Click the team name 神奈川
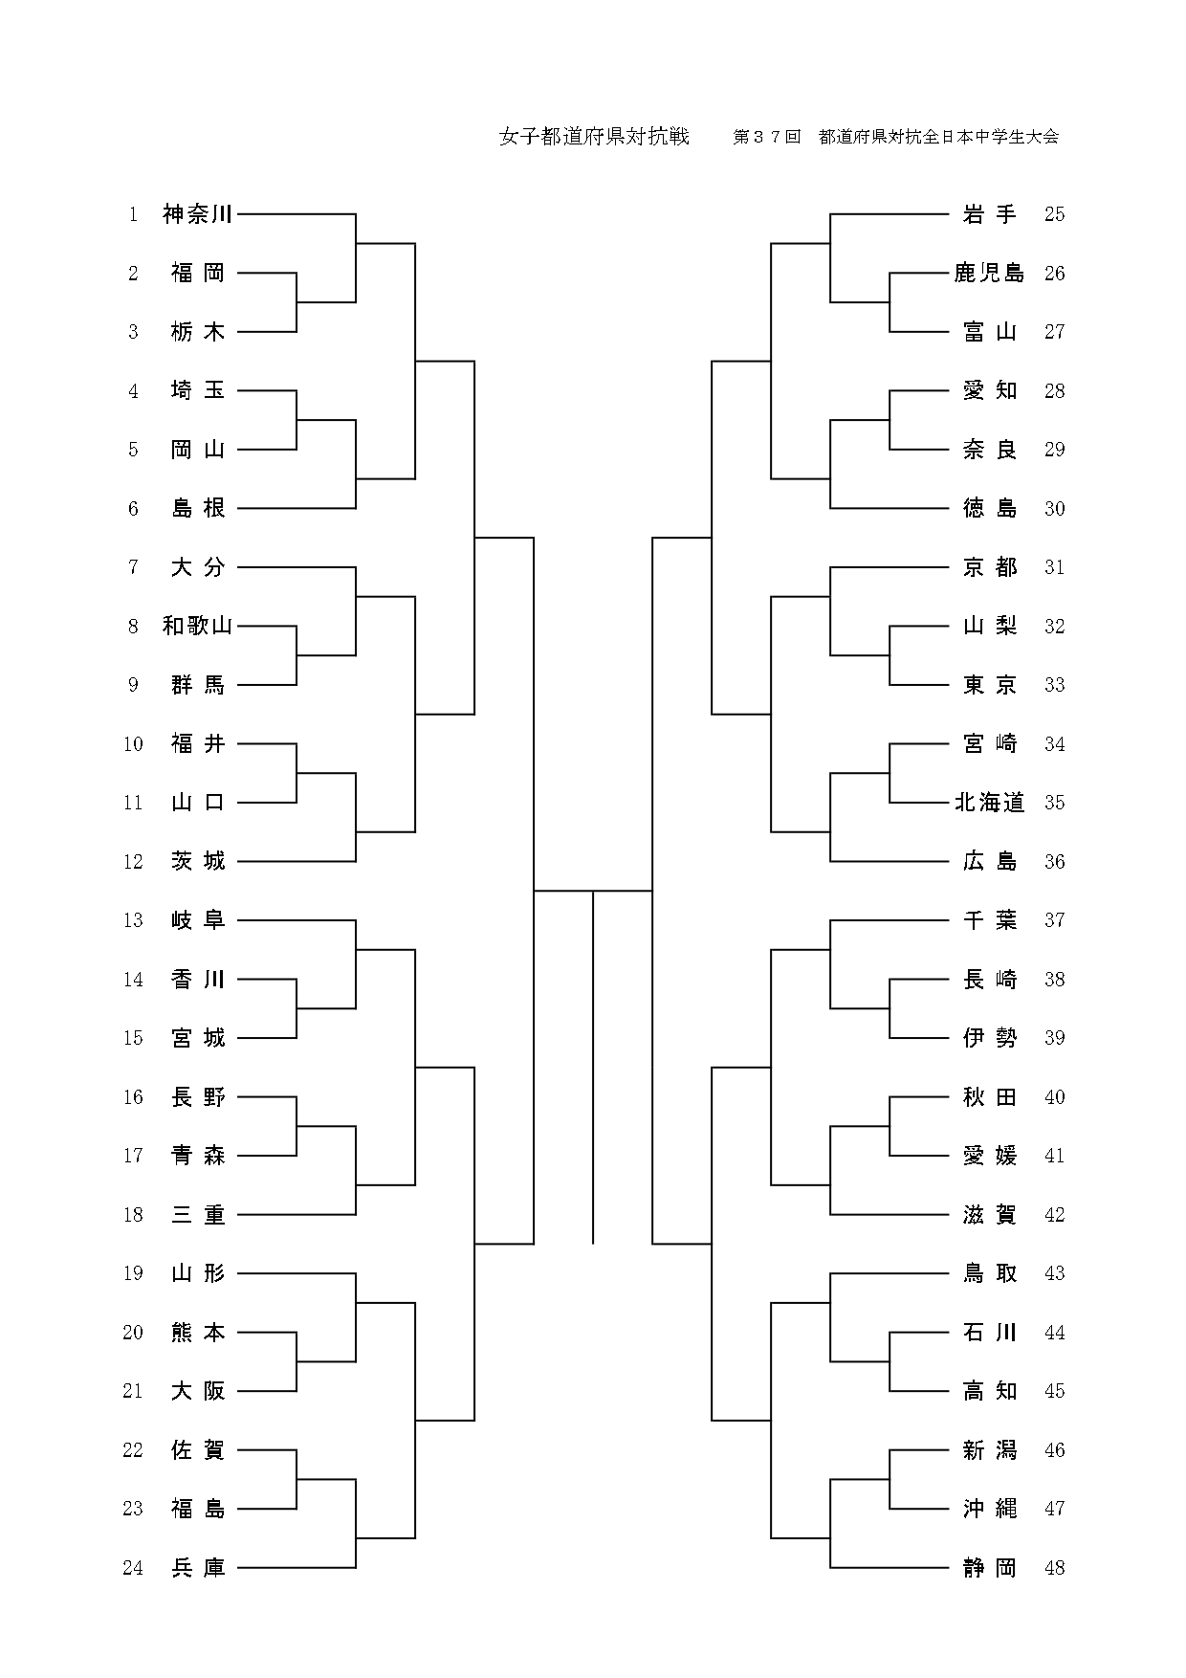click(x=198, y=214)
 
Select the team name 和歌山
click(x=198, y=627)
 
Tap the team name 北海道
click(x=989, y=803)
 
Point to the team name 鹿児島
click(x=989, y=274)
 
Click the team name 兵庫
click(x=198, y=1568)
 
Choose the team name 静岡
click(x=989, y=1568)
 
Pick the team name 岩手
click(x=989, y=214)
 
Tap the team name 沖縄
click(x=989, y=1509)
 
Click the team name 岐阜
click(x=198, y=920)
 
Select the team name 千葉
click(x=989, y=920)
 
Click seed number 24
click(x=133, y=1568)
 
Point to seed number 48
click(x=1054, y=1568)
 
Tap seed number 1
click(x=134, y=214)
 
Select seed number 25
click(x=1054, y=214)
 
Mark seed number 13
click(x=133, y=920)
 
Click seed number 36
click(x=1054, y=862)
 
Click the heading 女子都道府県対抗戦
click(x=594, y=137)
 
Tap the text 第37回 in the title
click(x=766, y=137)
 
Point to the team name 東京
click(x=989, y=685)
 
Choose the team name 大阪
click(x=198, y=1391)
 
